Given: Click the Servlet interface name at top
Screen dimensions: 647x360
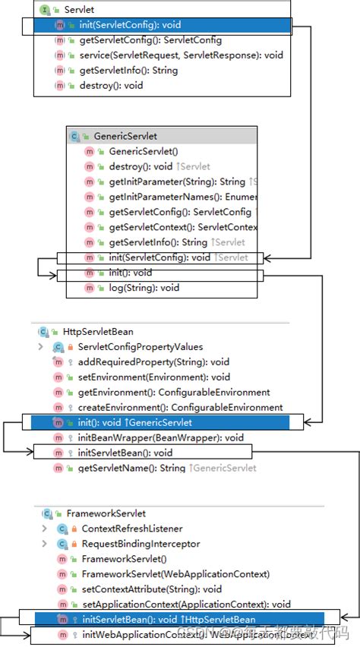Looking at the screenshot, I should coord(74,10).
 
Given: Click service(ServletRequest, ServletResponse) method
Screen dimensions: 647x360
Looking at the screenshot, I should coord(180,55).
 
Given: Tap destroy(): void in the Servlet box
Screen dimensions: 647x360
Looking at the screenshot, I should coord(111,86).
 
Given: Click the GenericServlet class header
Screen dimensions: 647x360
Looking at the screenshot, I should coord(125,136).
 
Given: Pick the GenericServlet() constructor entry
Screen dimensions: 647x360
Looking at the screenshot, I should coord(144,151).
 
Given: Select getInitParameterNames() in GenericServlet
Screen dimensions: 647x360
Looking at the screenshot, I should coord(182,197).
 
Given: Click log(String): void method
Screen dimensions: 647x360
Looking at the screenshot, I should coord(144,288).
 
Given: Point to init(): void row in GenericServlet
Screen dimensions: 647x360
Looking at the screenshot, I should coord(131,273).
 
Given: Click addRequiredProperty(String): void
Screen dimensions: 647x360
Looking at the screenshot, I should coord(153,361).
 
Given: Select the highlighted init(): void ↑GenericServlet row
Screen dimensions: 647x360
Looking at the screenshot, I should coord(134,422).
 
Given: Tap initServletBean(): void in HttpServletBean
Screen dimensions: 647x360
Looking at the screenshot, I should coord(125,453).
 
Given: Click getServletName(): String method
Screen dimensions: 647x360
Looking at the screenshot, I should coord(131,468).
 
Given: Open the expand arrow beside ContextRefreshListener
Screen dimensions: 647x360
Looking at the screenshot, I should coord(43,529).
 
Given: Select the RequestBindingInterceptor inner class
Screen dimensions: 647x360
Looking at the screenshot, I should coord(141,544).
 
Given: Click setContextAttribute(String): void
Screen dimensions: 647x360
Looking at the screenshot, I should coord(151,589).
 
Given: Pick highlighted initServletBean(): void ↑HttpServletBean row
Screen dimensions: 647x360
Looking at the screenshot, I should coord(169,619).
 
